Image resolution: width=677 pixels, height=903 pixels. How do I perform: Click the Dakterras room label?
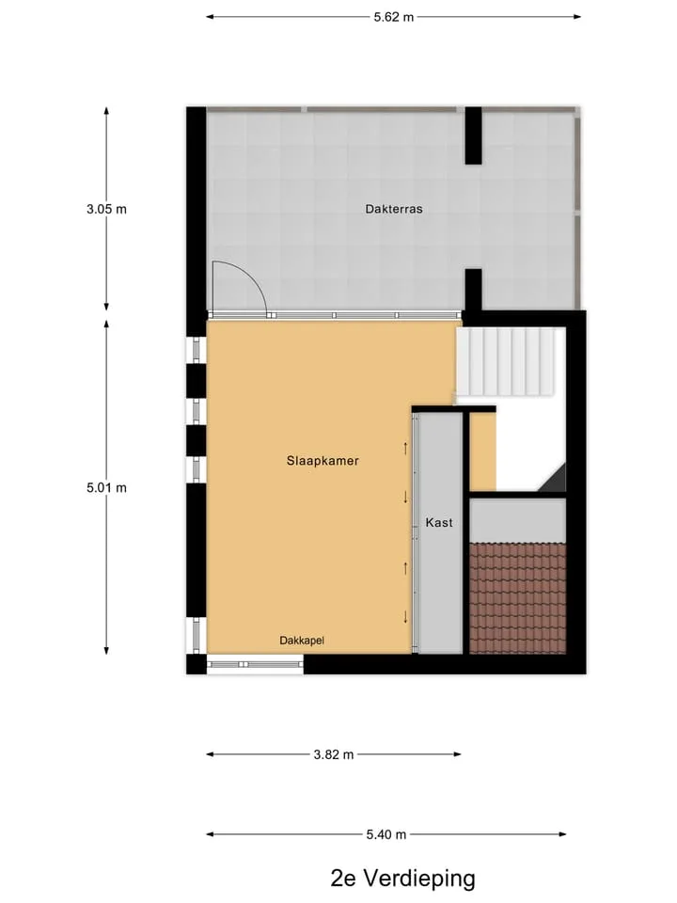click(x=394, y=209)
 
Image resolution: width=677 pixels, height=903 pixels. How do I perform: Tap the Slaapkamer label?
click(x=323, y=461)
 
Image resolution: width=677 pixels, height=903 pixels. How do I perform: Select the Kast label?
click(x=439, y=522)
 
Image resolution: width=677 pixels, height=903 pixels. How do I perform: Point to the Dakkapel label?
click(x=302, y=641)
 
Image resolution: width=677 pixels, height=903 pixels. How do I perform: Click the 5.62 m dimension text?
click(x=394, y=17)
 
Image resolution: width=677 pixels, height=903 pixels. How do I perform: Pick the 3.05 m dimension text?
click(x=106, y=209)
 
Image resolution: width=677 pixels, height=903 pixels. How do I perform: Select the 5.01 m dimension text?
click(x=106, y=488)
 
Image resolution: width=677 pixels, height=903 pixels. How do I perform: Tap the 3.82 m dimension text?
click(x=334, y=754)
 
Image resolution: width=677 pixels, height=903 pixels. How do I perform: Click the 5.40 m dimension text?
click(x=386, y=834)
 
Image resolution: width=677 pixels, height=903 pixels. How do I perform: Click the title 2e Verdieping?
click(x=403, y=879)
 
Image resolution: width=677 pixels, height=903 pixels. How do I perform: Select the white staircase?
click(x=507, y=361)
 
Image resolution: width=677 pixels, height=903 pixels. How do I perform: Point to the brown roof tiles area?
click(x=518, y=598)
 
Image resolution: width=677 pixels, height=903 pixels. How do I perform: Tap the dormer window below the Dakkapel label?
click(x=255, y=665)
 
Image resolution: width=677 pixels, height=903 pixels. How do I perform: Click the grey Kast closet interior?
click(x=440, y=533)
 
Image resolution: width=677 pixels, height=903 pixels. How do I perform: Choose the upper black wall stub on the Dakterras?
click(x=473, y=135)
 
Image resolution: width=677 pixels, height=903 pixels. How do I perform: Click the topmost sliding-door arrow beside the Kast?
click(x=406, y=448)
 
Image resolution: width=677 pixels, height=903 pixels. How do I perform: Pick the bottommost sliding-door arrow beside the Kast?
click(x=406, y=617)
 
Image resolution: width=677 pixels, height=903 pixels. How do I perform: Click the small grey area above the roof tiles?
click(x=518, y=520)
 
